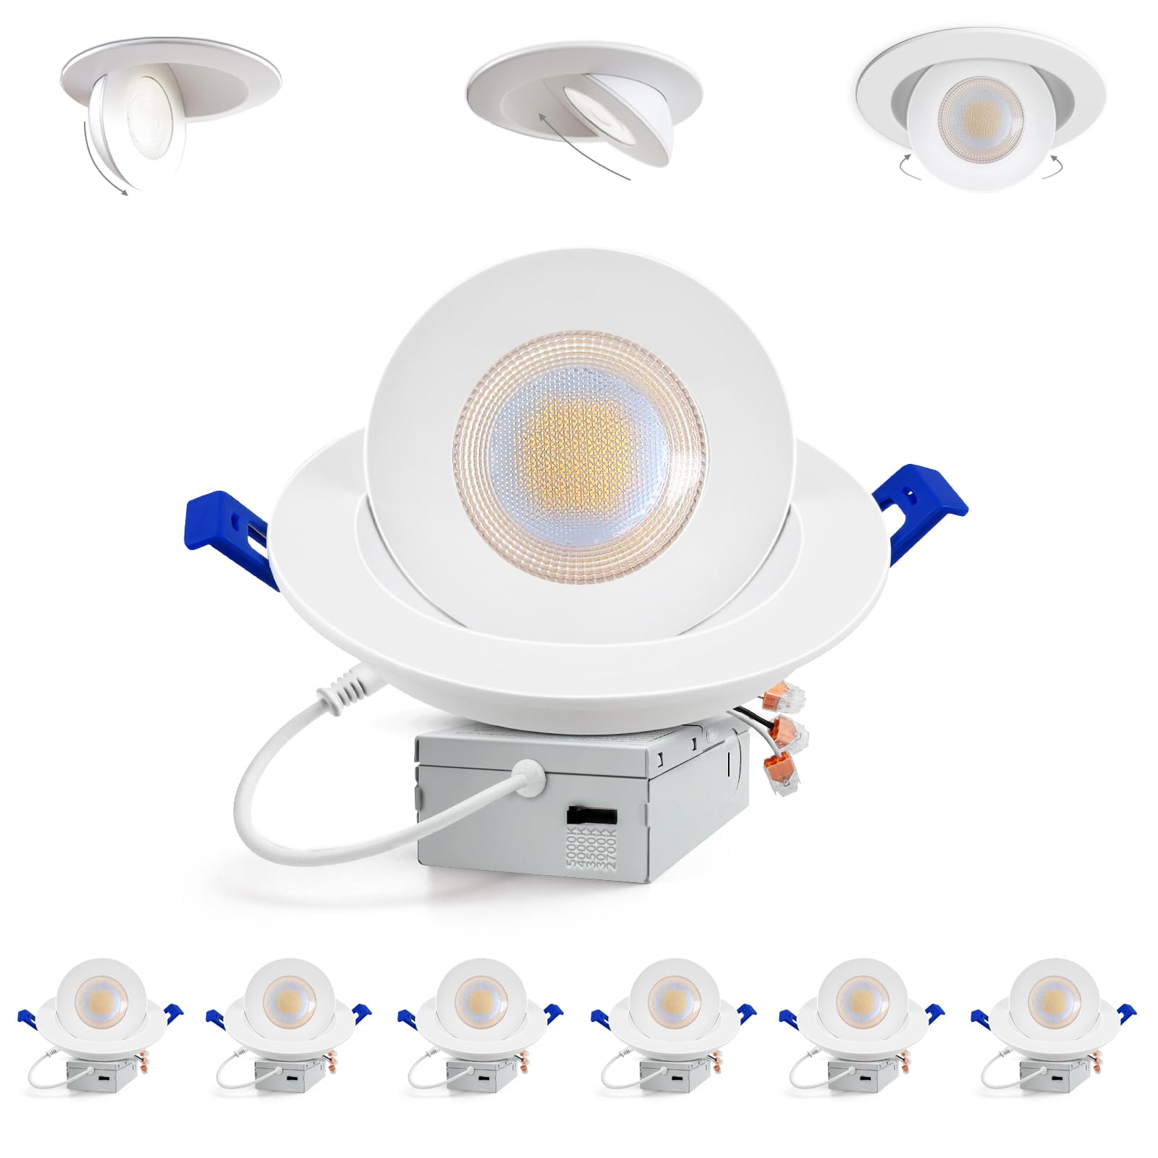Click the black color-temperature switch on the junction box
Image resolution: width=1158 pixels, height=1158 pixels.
pyautogui.click(x=591, y=814)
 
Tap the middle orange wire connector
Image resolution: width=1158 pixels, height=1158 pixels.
pyautogui.click(x=790, y=734)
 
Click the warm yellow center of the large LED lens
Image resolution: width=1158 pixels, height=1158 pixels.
pyautogui.click(x=572, y=441)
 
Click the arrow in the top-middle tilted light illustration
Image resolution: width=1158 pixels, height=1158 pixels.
pyautogui.click(x=579, y=145)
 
